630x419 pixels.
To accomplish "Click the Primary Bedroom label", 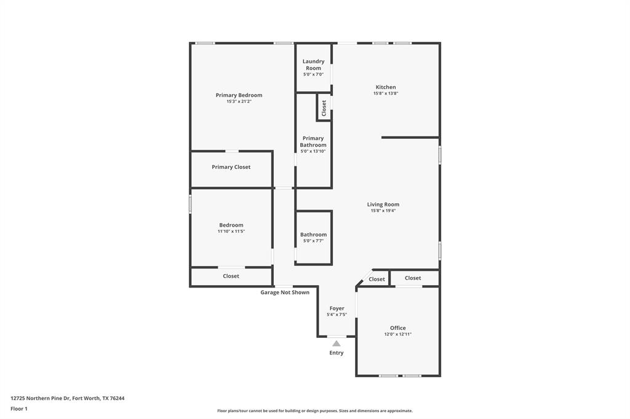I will [x=239, y=95].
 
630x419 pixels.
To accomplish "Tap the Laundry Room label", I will [x=313, y=65].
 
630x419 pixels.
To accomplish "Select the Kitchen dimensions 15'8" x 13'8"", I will [x=386, y=93].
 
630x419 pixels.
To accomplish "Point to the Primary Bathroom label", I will [x=313, y=142].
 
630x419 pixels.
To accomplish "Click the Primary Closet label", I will [x=231, y=167].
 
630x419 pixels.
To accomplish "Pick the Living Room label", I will [x=383, y=205].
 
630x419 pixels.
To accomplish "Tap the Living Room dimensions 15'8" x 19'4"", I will [x=383, y=211].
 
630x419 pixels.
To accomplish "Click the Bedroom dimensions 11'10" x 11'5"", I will [x=231, y=232].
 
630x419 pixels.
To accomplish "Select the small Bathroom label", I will [x=313, y=235].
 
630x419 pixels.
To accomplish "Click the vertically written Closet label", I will [x=324, y=108].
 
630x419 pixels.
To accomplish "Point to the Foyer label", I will [x=337, y=308].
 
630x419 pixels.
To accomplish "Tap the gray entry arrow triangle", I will [x=337, y=343].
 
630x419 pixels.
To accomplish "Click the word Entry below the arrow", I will [x=337, y=353].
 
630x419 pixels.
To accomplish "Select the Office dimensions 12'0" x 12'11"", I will [x=397, y=334].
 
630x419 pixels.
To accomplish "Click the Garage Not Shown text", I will [x=285, y=292].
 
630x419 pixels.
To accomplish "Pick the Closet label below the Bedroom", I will [x=231, y=276].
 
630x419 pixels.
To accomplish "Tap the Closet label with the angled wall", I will [x=377, y=280].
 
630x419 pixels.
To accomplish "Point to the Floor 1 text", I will [x=19, y=409].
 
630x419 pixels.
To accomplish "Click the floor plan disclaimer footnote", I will [x=315, y=411].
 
